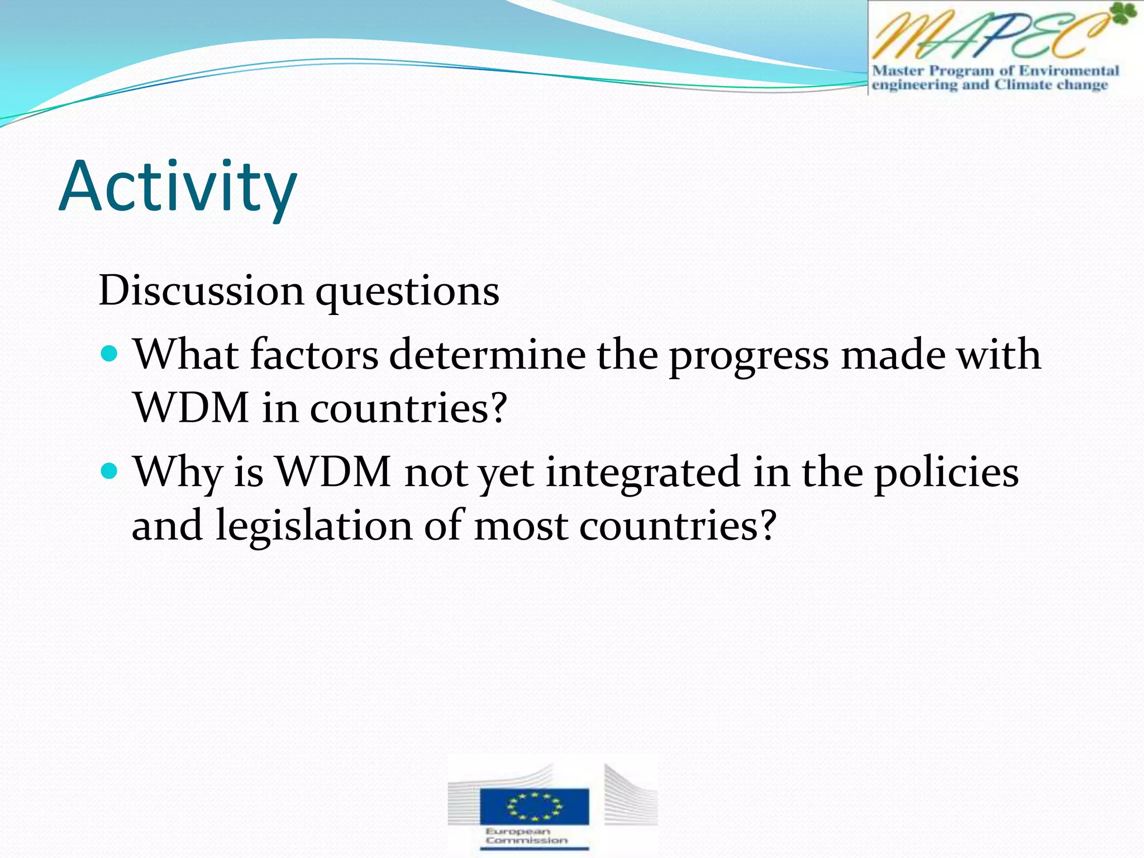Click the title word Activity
[x=178, y=187]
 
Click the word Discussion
[x=201, y=290]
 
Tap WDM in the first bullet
[x=191, y=408]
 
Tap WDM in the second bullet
[x=333, y=472]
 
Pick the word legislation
[x=314, y=527]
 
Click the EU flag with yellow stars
[x=534, y=806]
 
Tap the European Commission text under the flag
[x=526, y=836]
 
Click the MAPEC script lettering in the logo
[x=983, y=36]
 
